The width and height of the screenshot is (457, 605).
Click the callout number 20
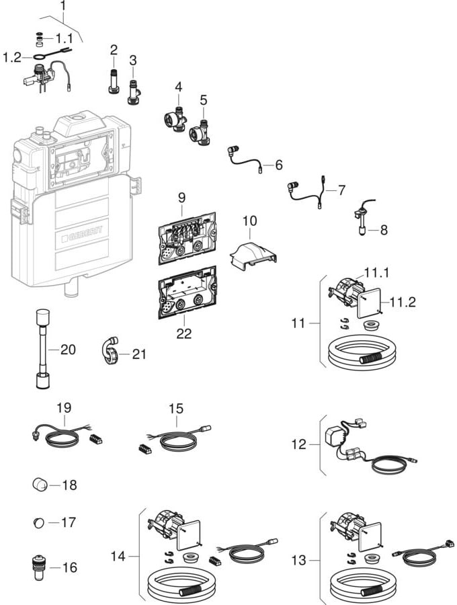pyautogui.click(x=68, y=349)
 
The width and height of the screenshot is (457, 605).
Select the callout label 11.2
pyautogui.click(x=403, y=302)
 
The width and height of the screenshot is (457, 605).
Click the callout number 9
pyautogui.click(x=181, y=199)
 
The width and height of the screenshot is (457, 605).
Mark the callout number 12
pyautogui.click(x=298, y=444)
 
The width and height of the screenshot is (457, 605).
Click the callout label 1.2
pyautogui.click(x=12, y=58)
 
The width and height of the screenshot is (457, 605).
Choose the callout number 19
pyautogui.click(x=64, y=408)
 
